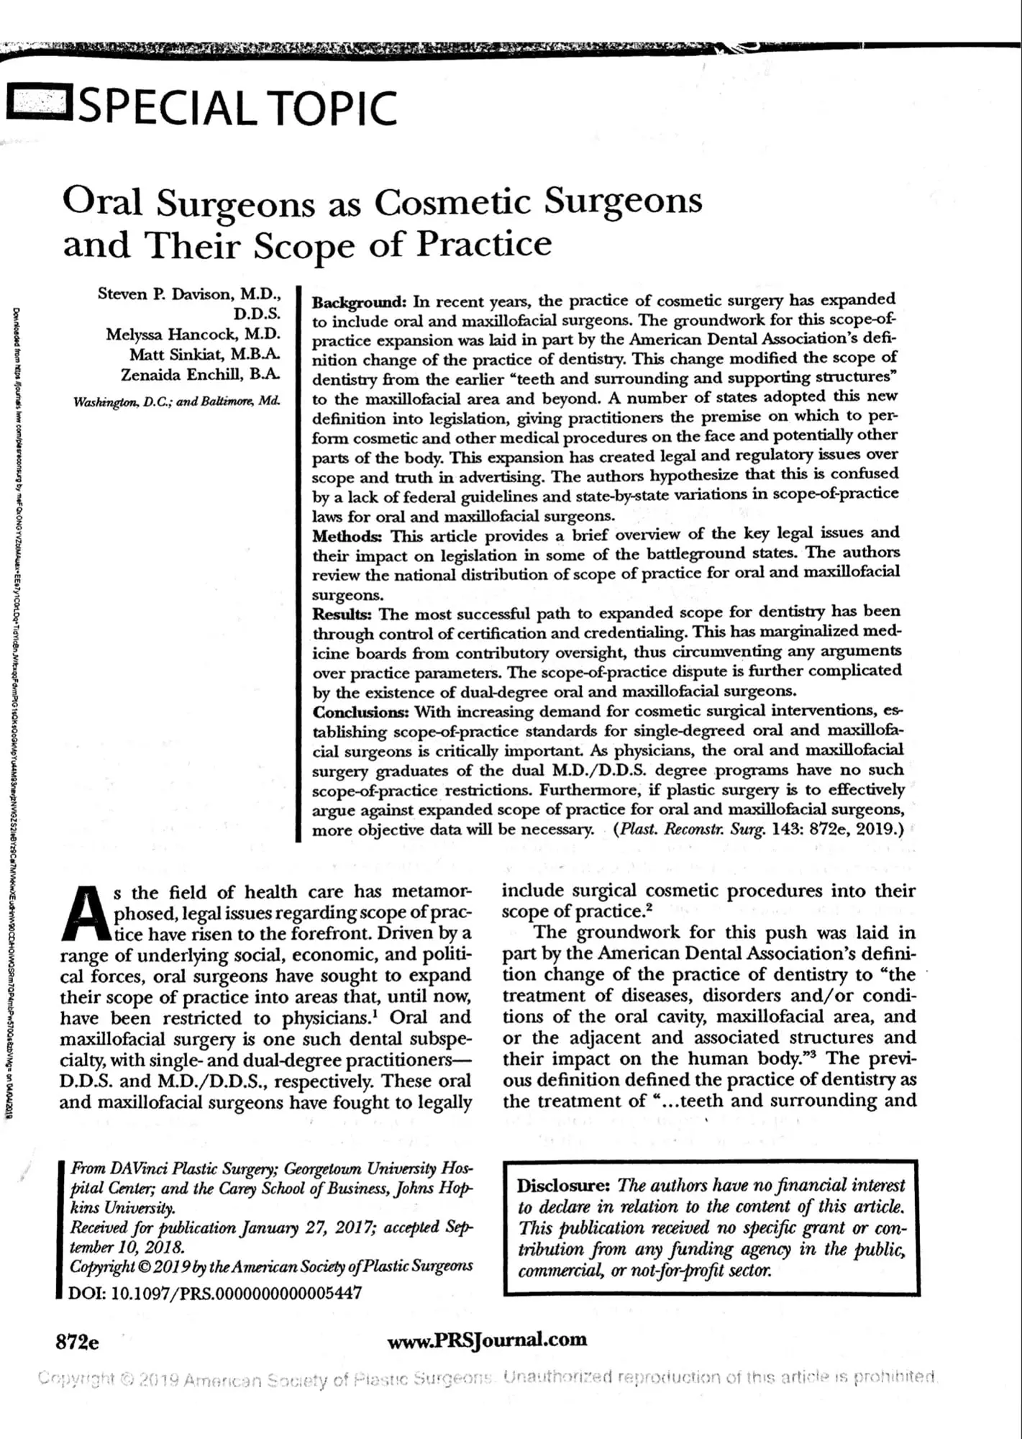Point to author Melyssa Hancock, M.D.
pyautogui.click(x=193, y=335)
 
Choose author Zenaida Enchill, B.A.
pyautogui.click(x=200, y=375)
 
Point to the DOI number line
pyautogui.click(x=214, y=1292)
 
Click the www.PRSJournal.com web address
pyautogui.click(x=487, y=1340)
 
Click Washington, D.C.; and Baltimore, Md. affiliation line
pyautogui.click(x=177, y=401)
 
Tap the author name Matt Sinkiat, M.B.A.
pyautogui.click(x=205, y=355)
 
